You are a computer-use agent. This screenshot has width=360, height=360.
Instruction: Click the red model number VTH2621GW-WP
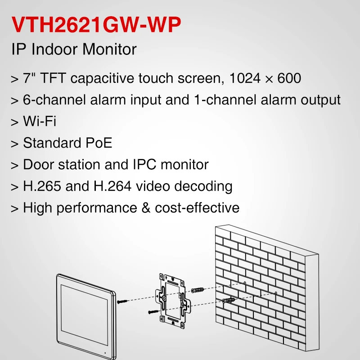[x=96, y=25]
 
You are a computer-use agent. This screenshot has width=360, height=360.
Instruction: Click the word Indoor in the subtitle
[x=54, y=49]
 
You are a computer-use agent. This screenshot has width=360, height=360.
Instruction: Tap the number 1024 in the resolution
[x=245, y=78]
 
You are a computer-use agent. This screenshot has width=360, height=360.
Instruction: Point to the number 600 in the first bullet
[x=289, y=78]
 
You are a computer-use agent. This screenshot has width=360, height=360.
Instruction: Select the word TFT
[x=53, y=78]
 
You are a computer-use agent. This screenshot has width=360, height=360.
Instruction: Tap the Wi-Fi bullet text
[x=40, y=121]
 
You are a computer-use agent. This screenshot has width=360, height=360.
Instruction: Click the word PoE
[x=99, y=143]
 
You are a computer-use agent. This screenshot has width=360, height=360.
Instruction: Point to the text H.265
[x=42, y=186]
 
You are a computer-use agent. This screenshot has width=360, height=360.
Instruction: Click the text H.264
[x=112, y=186]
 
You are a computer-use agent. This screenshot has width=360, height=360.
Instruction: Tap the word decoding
[x=203, y=186]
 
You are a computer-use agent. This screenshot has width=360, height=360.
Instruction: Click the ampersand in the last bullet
[x=146, y=208]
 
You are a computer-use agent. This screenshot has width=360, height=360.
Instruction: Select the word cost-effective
[x=197, y=207]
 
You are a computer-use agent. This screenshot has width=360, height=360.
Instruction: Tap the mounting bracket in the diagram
[x=173, y=301]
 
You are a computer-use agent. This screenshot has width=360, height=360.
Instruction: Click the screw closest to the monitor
[x=122, y=301]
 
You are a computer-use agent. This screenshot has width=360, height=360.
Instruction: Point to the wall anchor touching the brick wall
[x=229, y=300]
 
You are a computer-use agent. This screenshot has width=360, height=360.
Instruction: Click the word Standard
[x=52, y=143]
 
